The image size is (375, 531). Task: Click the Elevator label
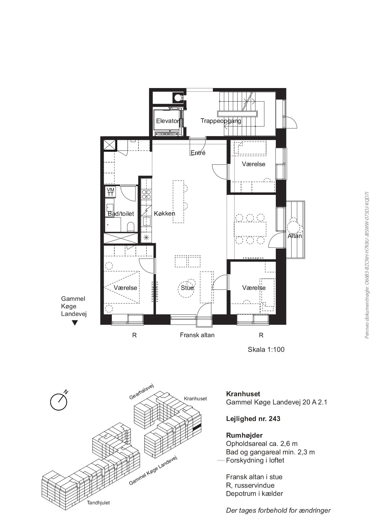pyautogui.click(x=168, y=121)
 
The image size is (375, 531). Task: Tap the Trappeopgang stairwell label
pyautogui.click(x=221, y=121)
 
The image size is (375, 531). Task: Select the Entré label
pyautogui.click(x=198, y=153)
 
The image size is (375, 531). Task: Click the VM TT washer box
pyautogui.click(x=111, y=192)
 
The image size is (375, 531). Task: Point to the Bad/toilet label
pyautogui.click(x=121, y=214)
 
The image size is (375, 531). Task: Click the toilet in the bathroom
pyautogui.click(x=131, y=227)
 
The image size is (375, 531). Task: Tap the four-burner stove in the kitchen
pyautogui.click(x=146, y=194)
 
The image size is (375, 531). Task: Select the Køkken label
pyautogui.click(x=165, y=213)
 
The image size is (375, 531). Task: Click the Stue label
pyautogui.click(x=187, y=288)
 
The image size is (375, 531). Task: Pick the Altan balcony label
pyautogui.click(x=295, y=236)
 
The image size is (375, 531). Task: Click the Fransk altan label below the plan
pyautogui.click(x=197, y=335)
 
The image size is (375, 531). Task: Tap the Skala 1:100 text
pyautogui.click(x=266, y=349)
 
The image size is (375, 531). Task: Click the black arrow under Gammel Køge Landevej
pyautogui.click(x=75, y=323)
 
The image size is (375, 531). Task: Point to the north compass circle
pyautogui.click(x=59, y=402)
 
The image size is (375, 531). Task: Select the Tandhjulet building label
pyautogui.click(x=98, y=503)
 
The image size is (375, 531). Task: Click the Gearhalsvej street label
pyautogui.click(x=142, y=392)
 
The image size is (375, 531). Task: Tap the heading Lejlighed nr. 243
pyautogui.click(x=253, y=419)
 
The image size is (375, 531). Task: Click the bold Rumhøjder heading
pyautogui.click(x=244, y=435)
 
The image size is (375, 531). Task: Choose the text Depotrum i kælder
pyautogui.click(x=255, y=493)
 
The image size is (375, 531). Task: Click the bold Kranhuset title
pyautogui.click(x=243, y=394)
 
